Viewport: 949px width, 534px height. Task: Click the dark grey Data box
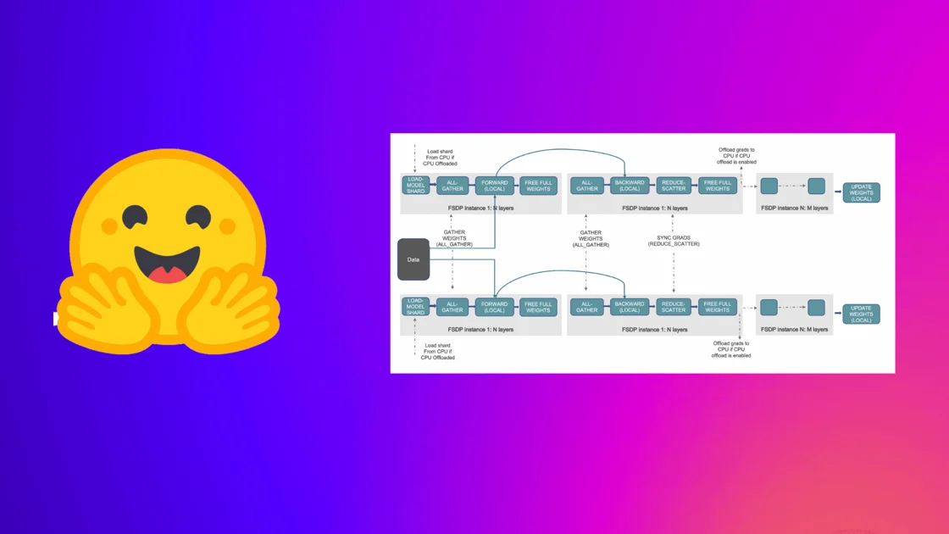click(413, 259)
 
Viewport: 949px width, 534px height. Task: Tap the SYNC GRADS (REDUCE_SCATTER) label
click(674, 241)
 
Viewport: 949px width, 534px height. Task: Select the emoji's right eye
click(200, 215)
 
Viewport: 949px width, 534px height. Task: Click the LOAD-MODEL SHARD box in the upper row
click(415, 186)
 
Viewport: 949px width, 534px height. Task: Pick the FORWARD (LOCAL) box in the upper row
click(495, 186)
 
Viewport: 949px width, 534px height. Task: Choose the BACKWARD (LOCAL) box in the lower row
click(630, 307)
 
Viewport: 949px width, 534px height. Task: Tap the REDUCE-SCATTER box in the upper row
click(674, 186)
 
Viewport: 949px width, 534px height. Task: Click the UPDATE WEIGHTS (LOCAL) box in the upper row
click(861, 192)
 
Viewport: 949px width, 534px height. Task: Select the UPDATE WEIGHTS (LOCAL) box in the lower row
click(861, 314)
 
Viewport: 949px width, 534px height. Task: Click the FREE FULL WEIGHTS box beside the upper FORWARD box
click(538, 186)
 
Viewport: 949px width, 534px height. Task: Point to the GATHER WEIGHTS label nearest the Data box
click(454, 238)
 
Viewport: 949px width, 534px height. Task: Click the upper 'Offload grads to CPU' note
click(736, 155)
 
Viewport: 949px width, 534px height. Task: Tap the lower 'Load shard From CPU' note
click(438, 351)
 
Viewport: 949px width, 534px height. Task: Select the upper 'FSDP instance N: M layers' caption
click(794, 208)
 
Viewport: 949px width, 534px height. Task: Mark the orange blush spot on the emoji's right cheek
click(227, 226)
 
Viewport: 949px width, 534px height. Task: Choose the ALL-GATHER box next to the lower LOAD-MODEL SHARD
click(452, 307)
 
